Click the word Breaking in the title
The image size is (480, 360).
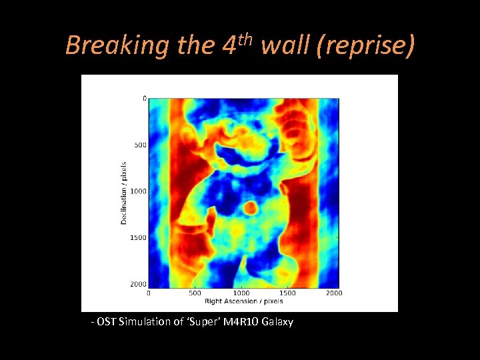click(x=117, y=45)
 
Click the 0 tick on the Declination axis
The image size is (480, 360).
click(x=144, y=99)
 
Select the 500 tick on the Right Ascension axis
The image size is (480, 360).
click(x=195, y=293)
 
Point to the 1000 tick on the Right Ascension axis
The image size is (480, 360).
click(x=241, y=293)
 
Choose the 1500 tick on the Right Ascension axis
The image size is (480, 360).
click(x=288, y=293)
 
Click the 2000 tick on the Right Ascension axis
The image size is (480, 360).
click(x=334, y=293)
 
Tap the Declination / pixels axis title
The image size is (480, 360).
click(x=124, y=191)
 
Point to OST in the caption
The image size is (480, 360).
click(x=107, y=322)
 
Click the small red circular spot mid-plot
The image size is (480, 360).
click(x=251, y=207)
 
